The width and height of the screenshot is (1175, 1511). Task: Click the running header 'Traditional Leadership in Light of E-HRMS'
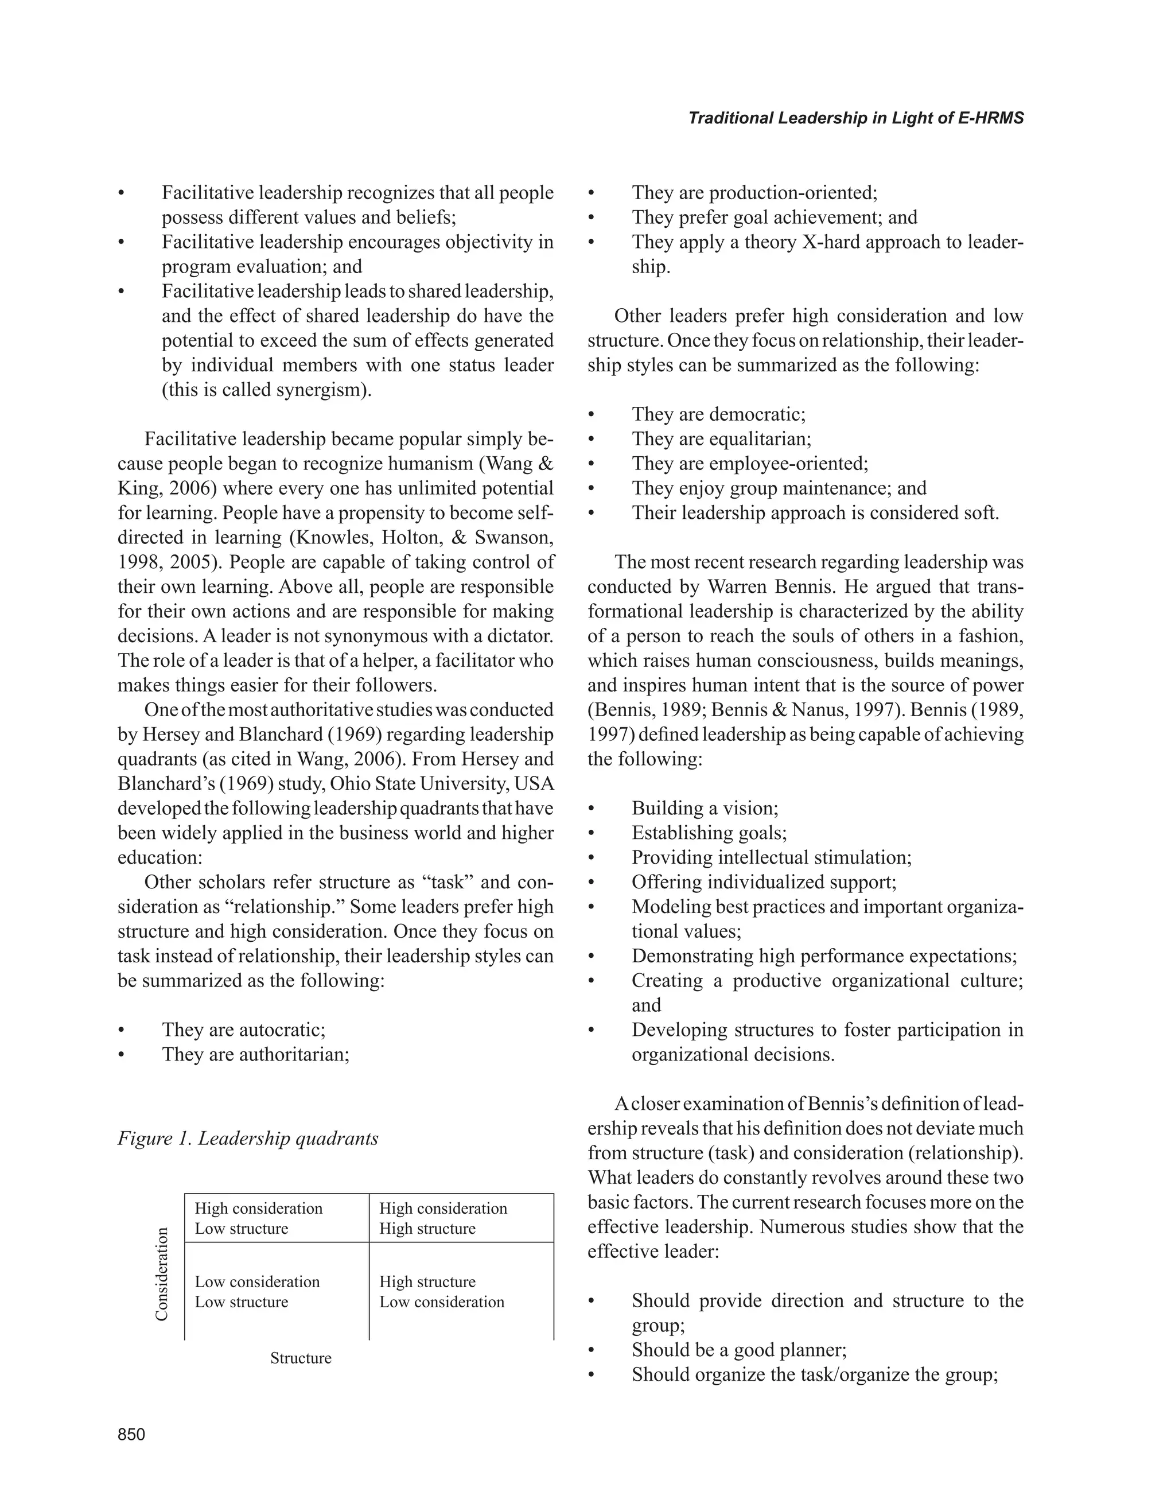[855, 118]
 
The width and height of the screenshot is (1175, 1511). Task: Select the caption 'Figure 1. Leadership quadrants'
[248, 1138]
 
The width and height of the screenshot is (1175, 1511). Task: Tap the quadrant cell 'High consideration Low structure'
[259, 1218]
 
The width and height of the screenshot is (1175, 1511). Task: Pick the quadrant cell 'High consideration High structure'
[443, 1218]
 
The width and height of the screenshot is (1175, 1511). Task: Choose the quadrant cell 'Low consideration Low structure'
[257, 1291]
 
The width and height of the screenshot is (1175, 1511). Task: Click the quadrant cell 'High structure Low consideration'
[442, 1291]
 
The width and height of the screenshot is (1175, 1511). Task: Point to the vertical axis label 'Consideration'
[161, 1273]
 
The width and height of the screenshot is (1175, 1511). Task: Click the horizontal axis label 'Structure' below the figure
[301, 1357]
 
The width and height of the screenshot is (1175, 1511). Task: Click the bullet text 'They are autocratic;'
[243, 1030]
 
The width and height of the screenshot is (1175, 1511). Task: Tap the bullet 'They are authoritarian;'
[255, 1054]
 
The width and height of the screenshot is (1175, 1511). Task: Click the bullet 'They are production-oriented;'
[754, 192]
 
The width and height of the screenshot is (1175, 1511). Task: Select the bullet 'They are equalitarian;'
[721, 438]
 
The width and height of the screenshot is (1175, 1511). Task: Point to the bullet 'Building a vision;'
[705, 808]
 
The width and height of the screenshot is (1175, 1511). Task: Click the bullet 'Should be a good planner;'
[738, 1350]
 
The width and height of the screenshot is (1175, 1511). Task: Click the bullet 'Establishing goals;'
[709, 832]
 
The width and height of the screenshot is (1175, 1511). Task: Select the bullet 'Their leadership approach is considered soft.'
[815, 512]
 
